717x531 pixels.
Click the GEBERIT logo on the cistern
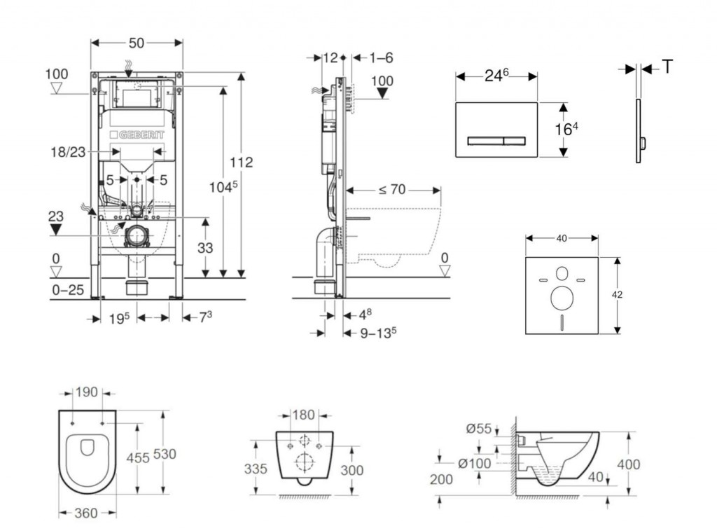tap(137, 134)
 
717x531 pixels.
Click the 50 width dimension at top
tap(137, 43)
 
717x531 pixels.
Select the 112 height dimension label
tap(240, 162)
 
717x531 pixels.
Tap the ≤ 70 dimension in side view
tap(393, 189)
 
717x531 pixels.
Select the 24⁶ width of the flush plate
tap(496, 75)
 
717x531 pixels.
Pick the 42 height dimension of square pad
tap(617, 295)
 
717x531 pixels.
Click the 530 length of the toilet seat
tap(165, 454)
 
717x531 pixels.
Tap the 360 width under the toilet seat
tap(86, 514)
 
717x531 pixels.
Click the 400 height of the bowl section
tap(629, 464)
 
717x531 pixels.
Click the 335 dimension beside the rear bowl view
tap(256, 469)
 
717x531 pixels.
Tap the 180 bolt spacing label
tap(303, 415)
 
